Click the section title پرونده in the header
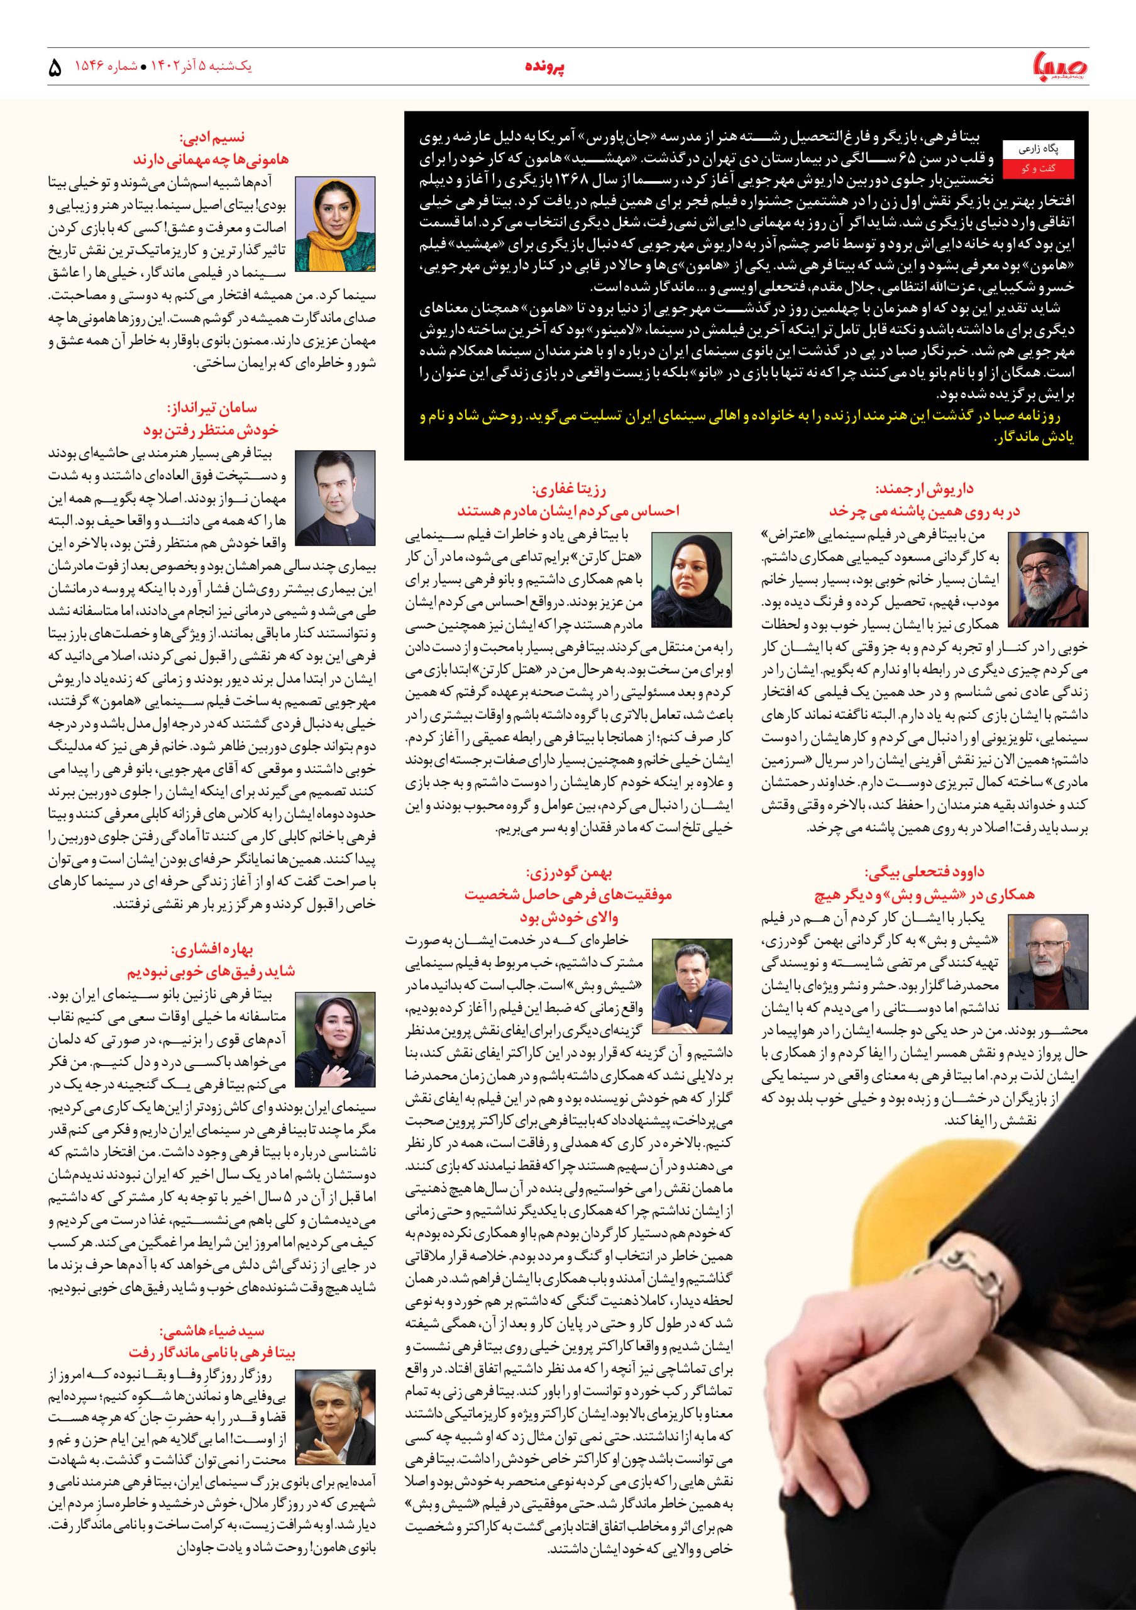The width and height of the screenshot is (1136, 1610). [545, 67]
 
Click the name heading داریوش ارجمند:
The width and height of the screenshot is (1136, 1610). [924, 489]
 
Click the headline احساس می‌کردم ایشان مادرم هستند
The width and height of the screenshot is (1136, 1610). [568, 510]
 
